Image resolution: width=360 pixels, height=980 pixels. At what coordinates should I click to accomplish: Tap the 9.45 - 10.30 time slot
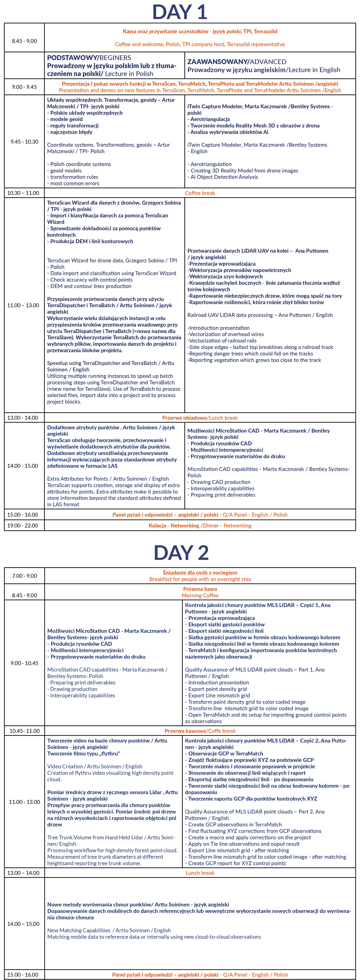[x=24, y=141]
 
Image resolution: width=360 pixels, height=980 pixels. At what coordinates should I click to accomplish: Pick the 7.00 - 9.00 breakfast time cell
[x=24, y=576]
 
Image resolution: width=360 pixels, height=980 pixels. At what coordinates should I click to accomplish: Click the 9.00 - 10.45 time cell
[x=24, y=663]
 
